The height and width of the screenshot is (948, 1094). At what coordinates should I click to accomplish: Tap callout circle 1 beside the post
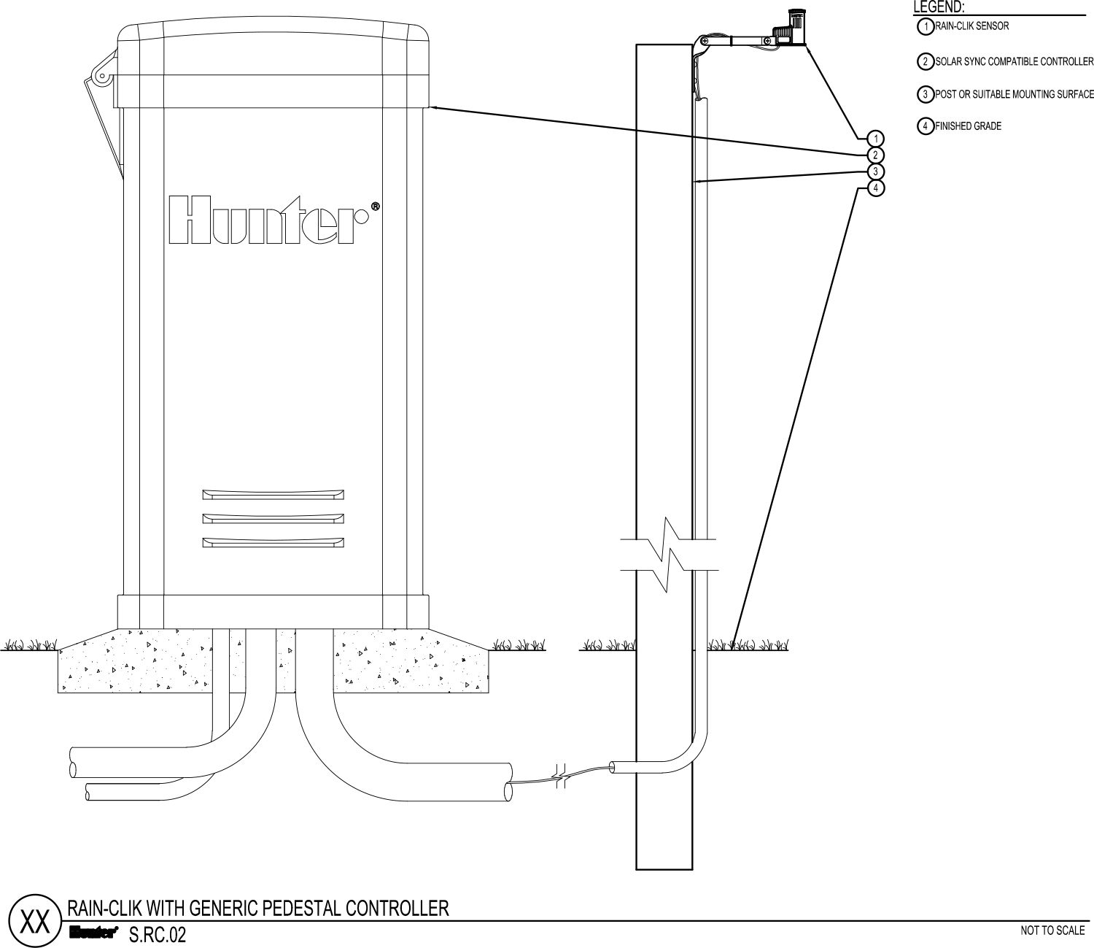coord(875,139)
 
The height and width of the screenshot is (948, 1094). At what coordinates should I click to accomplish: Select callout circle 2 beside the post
coord(875,155)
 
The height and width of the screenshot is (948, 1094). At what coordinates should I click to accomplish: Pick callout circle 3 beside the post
coord(875,172)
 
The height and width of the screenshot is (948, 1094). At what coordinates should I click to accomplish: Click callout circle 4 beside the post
coord(875,188)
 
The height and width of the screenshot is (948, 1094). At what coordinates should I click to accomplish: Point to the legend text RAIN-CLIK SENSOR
coord(971,26)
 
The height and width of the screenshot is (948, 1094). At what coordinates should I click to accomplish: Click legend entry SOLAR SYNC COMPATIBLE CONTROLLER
coord(1014,61)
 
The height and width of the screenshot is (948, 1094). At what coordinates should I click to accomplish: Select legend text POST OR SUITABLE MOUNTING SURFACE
coord(1014,94)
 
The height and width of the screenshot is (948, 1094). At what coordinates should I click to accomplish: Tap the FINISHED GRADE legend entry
coord(968,126)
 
